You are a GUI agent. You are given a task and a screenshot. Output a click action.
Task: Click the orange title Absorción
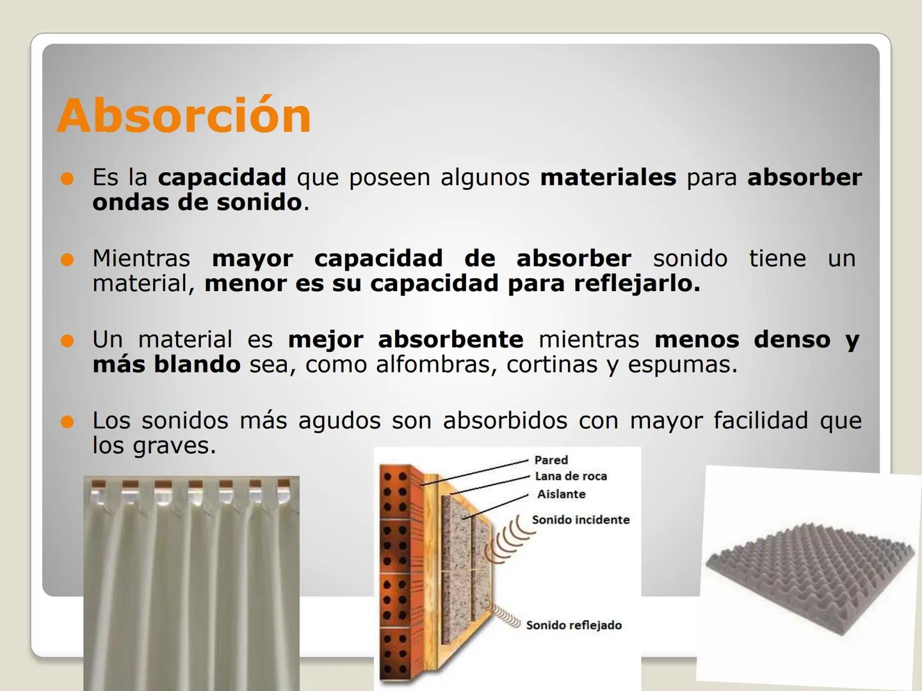pyautogui.click(x=184, y=116)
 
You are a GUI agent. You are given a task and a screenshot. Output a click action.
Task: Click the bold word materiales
pyautogui.click(x=608, y=177)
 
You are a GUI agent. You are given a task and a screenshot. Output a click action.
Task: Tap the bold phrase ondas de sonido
pyautogui.click(x=197, y=202)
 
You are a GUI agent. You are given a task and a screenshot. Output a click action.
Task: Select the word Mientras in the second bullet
pyautogui.click(x=141, y=258)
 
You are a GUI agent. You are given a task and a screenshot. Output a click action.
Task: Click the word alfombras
pyautogui.click(x=435, y=365)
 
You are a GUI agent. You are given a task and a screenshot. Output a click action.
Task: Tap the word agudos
pyautogui.click(x=339, y=420)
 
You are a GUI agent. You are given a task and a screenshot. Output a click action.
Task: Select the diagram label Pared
pyautogui.click(x=551, y=460)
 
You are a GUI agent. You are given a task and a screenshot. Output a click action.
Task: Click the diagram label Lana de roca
pyautogui.click(x=570, y=476)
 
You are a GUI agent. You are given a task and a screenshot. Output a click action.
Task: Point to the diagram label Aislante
pyautogui.click(x=561, y=494)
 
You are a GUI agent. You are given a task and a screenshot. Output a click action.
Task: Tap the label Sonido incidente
pyautogui.click(x=580, y=520)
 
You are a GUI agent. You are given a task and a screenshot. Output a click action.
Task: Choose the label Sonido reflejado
pyautogui.click(x=573, y=625)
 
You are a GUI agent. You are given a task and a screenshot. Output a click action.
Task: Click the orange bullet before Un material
pyautogui.click(x=67, y=340)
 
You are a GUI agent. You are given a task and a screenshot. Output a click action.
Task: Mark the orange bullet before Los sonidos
pyautogui.click(x=67, y=422)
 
